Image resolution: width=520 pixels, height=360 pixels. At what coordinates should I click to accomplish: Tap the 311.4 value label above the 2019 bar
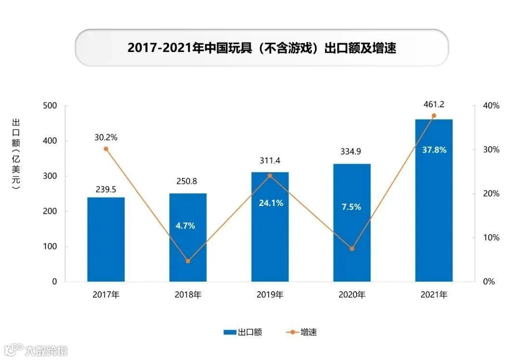pos(270,160)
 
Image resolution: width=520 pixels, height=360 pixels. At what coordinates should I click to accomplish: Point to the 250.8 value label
pos(188,181)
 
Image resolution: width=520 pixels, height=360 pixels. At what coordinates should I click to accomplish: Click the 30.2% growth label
pos(106,137)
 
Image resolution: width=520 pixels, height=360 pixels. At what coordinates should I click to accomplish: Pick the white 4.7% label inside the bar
pos(185,225)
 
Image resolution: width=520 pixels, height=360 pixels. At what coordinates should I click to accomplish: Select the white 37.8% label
pos(434,150)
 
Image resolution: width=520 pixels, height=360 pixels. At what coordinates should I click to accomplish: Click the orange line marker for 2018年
pos(188,261)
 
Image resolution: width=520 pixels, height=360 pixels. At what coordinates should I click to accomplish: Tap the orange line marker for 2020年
pos(352,249)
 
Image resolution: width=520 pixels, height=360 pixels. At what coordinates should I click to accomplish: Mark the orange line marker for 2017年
pos(106,149)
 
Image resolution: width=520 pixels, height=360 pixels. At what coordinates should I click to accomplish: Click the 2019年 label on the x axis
pos(270,295)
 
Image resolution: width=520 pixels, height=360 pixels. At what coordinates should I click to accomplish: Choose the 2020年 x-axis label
pos(352,295)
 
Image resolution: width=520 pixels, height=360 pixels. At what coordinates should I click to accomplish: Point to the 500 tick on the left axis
pos(50,105)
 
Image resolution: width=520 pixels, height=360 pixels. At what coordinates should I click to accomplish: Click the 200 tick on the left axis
pos(50,211)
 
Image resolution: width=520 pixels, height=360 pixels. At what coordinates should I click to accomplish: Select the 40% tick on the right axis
pos(491,105)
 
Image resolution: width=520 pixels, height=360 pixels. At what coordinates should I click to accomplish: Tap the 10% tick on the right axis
pos(491,238)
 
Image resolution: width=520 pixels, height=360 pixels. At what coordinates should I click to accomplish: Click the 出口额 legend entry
pos(243,332)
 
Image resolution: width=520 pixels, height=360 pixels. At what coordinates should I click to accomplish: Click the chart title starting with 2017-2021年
pos(261,48)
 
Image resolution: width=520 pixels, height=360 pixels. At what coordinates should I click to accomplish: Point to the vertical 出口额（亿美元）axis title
pos(15,154)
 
